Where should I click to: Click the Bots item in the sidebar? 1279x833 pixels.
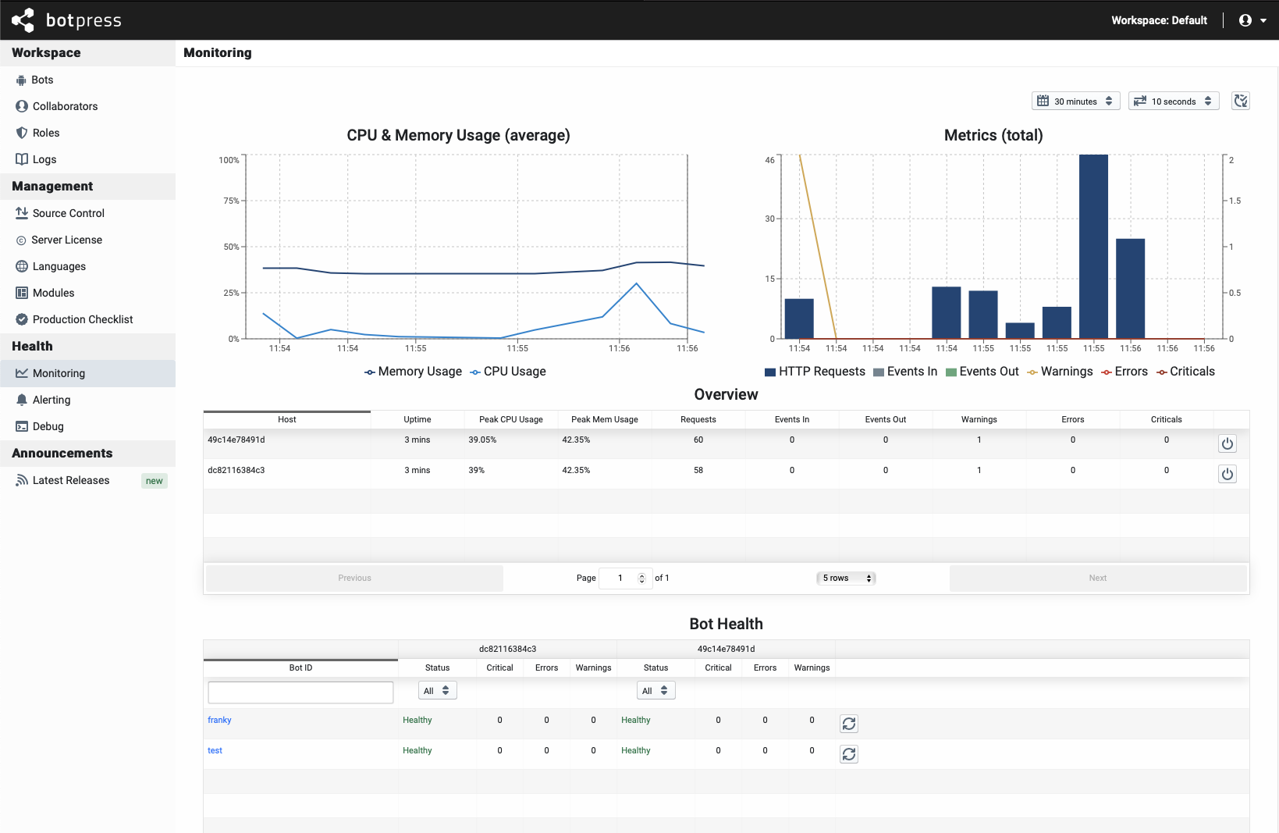pos(42,80)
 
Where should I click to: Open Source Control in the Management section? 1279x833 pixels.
pos(68,213)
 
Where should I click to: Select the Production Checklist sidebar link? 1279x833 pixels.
pos(83,319)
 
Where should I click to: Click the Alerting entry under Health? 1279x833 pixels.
pos(52,400)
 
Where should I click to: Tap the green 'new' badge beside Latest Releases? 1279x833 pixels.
pos(154,481)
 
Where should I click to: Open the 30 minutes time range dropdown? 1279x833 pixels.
pos(1075,101)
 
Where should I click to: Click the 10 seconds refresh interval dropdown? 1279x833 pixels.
pos(1173,101)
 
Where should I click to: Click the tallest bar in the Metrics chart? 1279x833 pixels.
pos(1093,246)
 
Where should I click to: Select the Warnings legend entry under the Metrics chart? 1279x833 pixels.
pos(1060,372)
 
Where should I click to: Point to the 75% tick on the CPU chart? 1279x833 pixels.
pos(232,201)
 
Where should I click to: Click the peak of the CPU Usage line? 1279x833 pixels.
pos(637,283)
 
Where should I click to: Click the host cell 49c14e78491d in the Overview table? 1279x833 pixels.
pos(236,440)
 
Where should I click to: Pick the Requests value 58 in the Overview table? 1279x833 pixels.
pos(698,470)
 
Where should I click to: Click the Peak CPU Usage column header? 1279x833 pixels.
pos(510,419)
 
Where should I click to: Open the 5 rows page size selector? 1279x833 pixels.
pos(846,578)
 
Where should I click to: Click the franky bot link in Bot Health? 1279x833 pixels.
pos(219,720)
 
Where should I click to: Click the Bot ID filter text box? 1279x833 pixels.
pos(300,692)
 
